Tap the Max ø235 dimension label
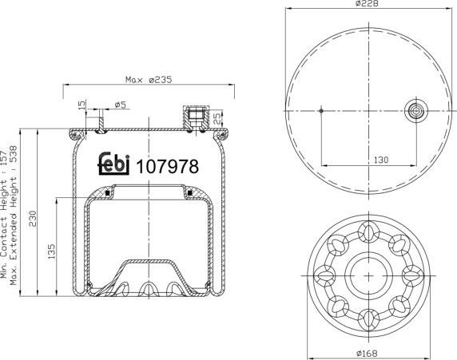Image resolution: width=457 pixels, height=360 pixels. point(149,79)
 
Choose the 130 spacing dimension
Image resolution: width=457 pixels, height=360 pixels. point(380,160)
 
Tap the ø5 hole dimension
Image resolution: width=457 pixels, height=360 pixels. point(121,105)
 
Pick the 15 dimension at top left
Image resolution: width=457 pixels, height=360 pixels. point(82,105)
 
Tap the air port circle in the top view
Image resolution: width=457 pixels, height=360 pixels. point(416,111)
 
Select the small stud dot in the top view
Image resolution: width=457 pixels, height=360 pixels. point(320,111)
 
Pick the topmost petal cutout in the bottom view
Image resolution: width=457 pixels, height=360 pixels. point(368,232)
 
